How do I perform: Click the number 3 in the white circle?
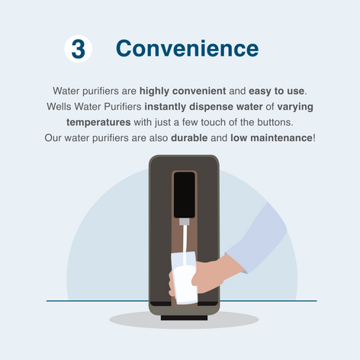(x=79, y=49)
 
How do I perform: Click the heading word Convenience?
(x=188, y=48)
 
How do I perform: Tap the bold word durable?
(x=189, y=138)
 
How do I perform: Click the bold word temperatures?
(x=98, y=123)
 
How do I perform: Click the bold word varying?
(x=295, y=107)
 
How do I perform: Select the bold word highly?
(x=154, y=91)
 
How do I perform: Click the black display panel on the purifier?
(x=185, y=195)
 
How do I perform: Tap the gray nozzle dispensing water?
(x=185, y=221)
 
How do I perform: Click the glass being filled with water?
(x=184, y=278)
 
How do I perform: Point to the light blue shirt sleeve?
(x=257, y=239)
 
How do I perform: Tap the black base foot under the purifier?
(x=184, y=318)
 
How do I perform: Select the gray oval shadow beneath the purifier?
(x=184, y=320)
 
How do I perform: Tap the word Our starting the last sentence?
(x=53, y=138)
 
